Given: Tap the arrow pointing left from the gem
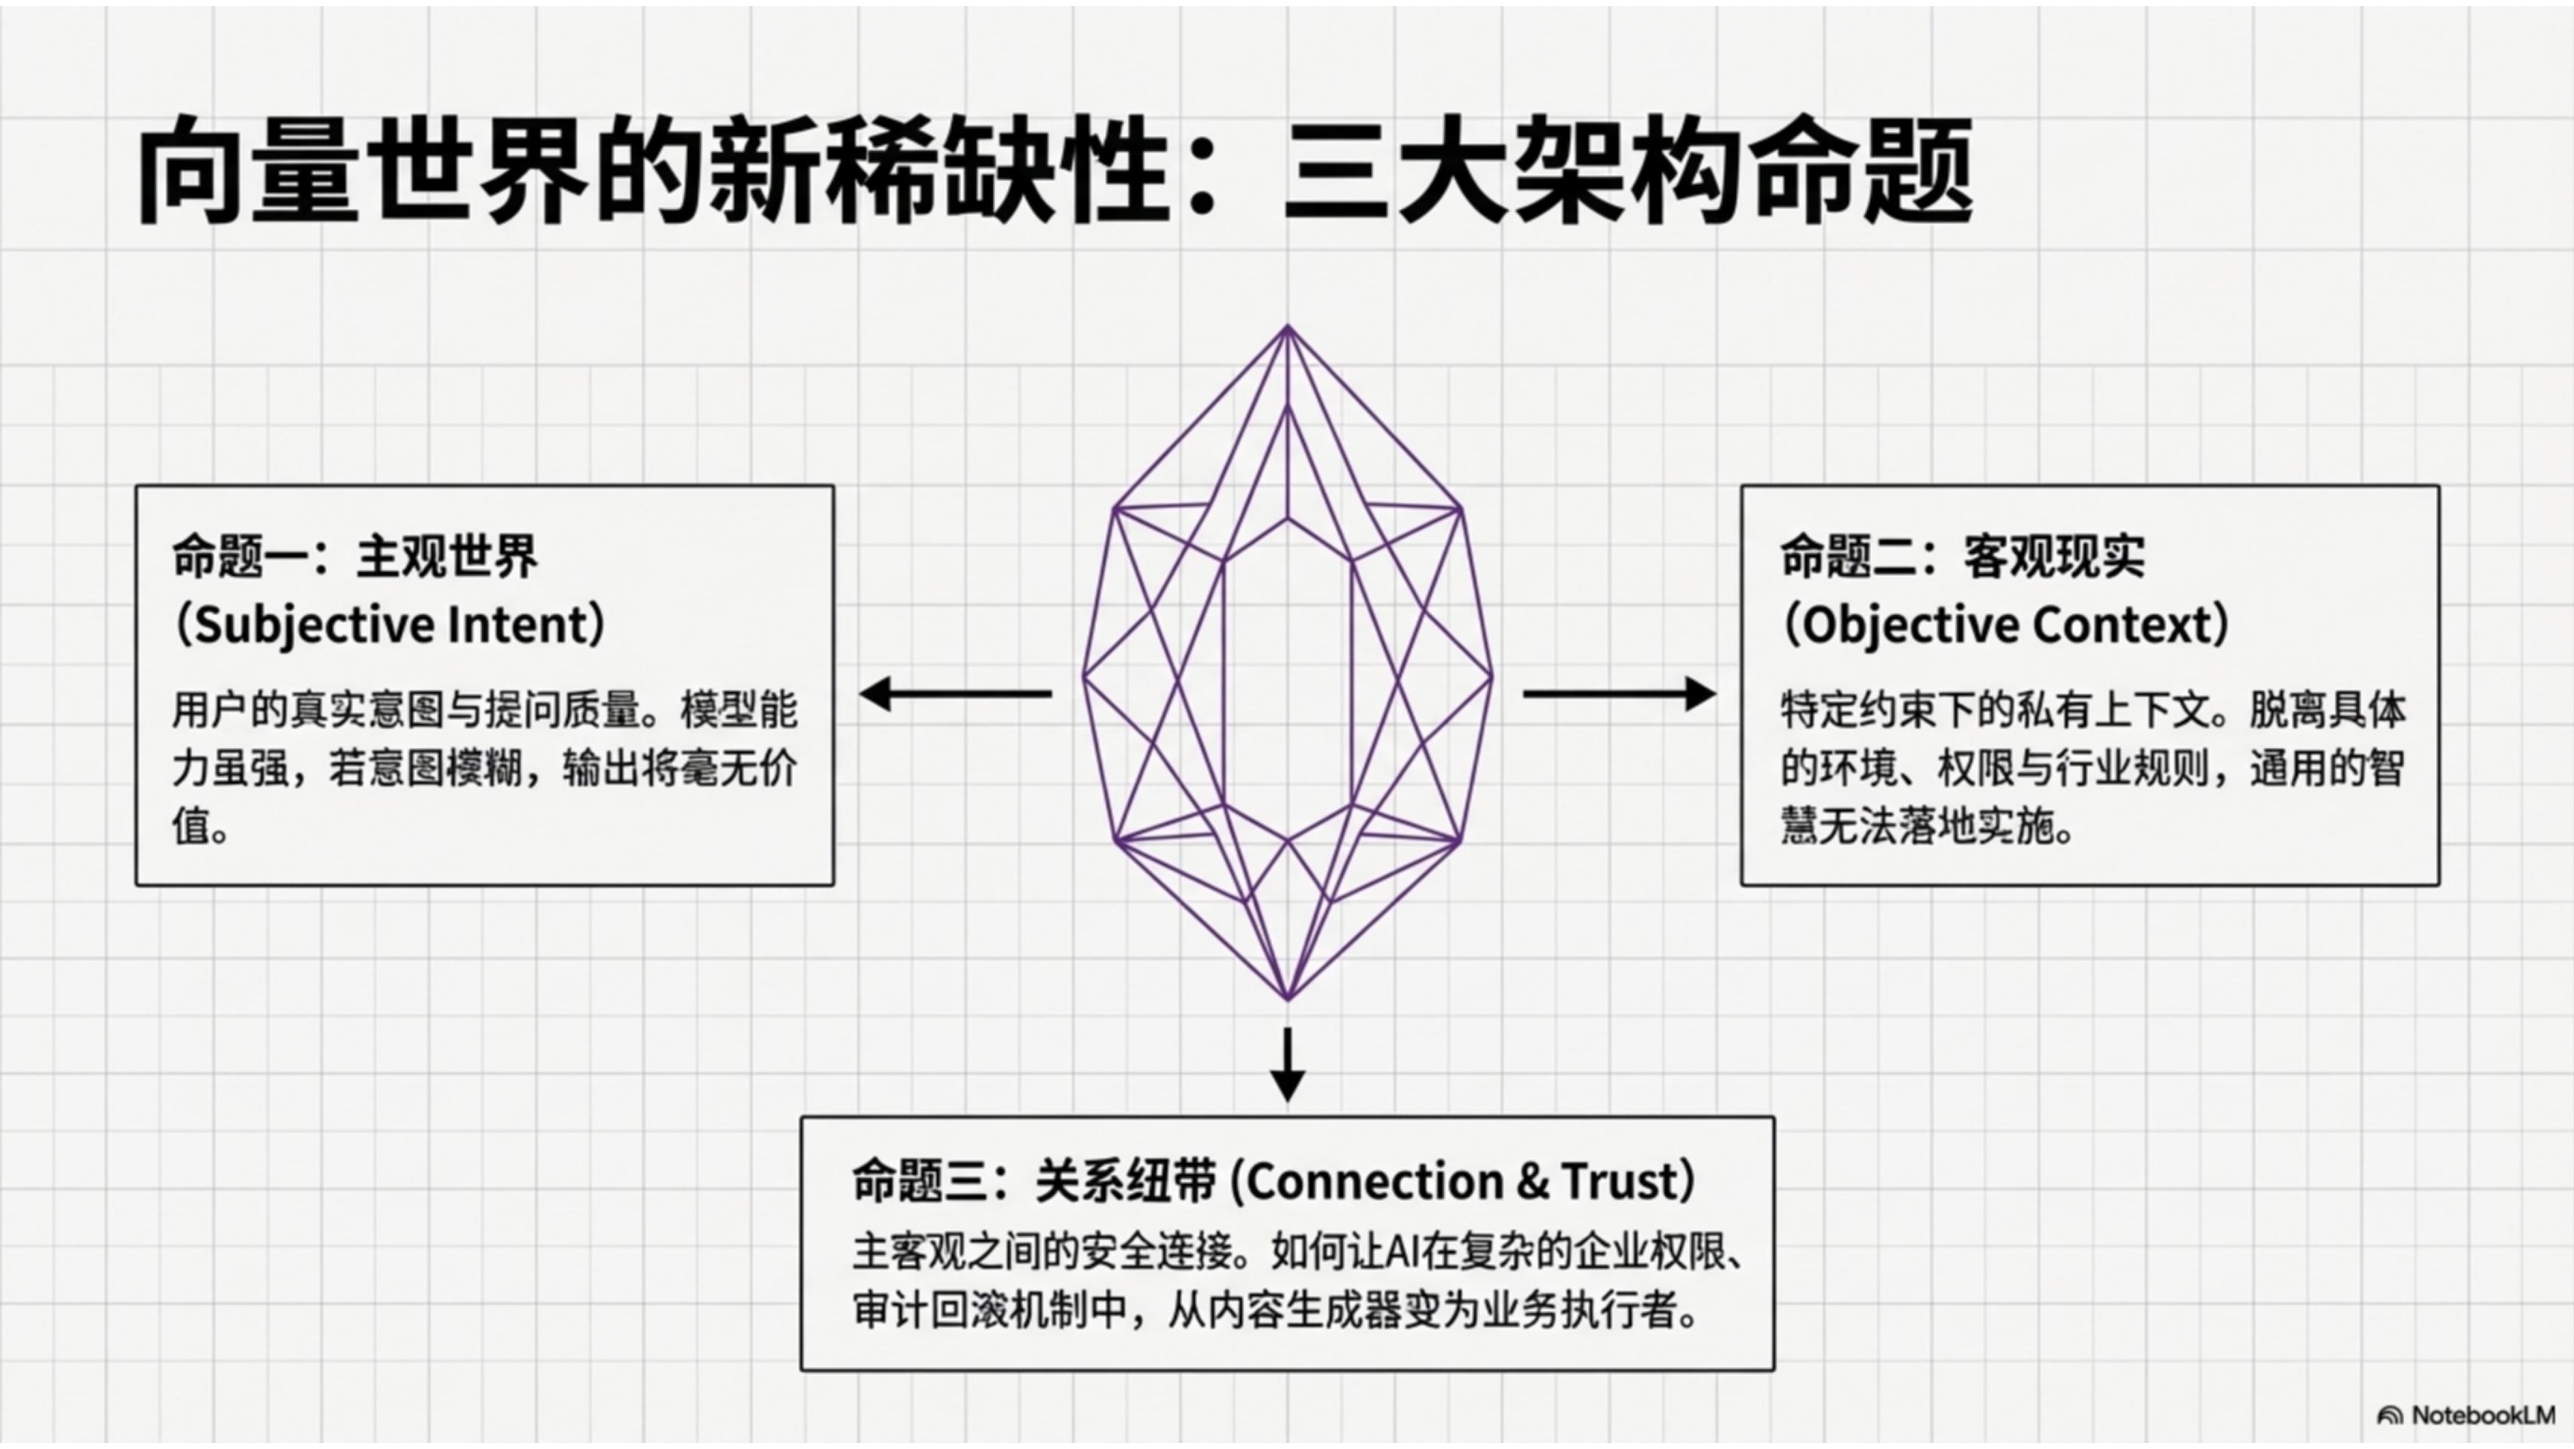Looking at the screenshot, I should tap(954, 694).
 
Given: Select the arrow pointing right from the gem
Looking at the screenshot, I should tap(1620, 694).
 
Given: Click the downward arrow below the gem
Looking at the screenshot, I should tap(1287, 1064).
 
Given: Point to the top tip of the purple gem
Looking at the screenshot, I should tap(1287, 327).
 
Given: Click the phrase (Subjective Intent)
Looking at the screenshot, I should tap(390, 625).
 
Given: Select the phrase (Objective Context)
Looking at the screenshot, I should tap(2005, 625).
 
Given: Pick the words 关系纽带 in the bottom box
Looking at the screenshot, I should tap(1125, 1181).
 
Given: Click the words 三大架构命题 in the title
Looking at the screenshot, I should tap(1626, 170).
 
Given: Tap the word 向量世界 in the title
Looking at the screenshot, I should tap(361, 170).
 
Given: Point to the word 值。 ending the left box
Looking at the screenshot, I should tap(200, 827).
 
